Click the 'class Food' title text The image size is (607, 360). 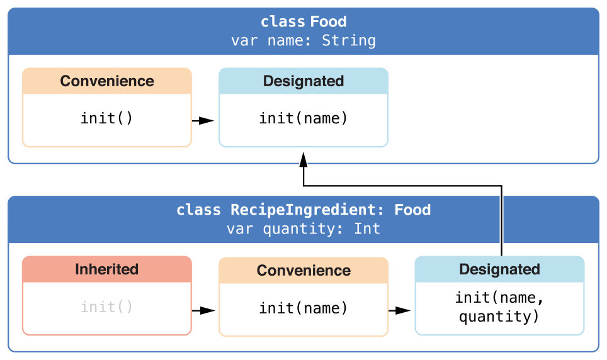click(303, 21)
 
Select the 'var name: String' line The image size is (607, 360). click(303, 41)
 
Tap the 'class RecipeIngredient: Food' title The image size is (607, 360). click(303, 210)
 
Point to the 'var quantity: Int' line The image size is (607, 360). click(303, 228)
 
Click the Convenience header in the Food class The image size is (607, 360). click(107, 81)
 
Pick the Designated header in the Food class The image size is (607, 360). click(303, 81)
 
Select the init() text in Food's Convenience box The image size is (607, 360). click(107, 118)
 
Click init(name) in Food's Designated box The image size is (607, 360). click(303, 118)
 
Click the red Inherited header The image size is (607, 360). click(107, 269)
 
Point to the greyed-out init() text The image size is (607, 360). click(107, 307)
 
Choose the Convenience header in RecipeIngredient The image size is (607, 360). click(303, 271)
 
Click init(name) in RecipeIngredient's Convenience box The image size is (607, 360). click(303, 308)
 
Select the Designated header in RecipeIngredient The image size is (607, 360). click(499, 269)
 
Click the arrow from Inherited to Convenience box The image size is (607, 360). click(203, 310)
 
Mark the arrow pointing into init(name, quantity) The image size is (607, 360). click(400, 310)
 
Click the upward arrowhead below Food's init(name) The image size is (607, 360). click(303, 160)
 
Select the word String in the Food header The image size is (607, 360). click(349, 41)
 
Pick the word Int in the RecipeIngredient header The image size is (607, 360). click(367, 228)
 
